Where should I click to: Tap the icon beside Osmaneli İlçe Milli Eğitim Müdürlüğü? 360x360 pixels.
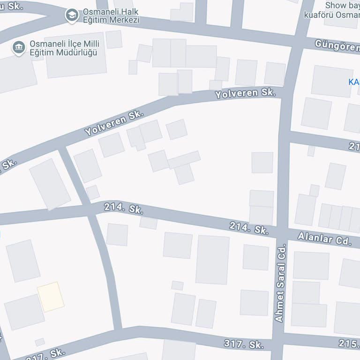19,48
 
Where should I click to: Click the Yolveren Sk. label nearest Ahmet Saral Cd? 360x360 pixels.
245,93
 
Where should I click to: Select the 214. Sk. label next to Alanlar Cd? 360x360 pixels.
248,228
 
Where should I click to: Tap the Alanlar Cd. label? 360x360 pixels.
330,239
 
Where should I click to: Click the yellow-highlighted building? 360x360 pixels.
51,296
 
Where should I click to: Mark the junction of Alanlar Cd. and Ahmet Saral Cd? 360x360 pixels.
281,232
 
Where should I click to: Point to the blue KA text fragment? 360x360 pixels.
354,82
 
